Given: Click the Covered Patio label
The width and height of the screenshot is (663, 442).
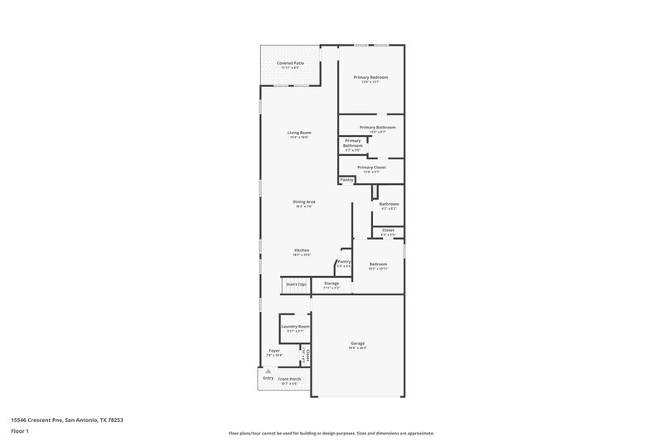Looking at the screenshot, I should coord(290,62).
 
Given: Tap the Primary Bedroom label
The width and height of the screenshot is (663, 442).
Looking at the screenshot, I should coord(370,77).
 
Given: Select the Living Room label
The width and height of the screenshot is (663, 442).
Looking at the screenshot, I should coord(299,133).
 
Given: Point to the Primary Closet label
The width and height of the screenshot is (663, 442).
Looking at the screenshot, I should coord(371,168).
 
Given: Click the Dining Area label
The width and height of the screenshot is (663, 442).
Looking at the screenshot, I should coord(304,202).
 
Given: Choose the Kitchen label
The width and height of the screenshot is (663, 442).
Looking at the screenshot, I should coord(302,250).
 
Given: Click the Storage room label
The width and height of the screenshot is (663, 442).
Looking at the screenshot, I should coord(331,284).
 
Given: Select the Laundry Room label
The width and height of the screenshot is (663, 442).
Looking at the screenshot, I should coord(294,327).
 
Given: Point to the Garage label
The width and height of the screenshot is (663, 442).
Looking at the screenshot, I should coord(357,343).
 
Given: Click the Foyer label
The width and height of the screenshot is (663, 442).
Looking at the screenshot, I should coord(273,351).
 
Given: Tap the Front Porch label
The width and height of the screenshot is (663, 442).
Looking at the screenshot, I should coord(289,379).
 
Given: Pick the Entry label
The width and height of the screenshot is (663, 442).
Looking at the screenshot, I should coord(268,378).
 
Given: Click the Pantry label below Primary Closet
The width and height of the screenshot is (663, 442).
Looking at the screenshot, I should coord(347,179).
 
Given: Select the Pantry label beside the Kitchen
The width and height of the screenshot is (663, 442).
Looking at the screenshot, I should coord(344,261).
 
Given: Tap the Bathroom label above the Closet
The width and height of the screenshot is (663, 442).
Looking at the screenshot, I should coord(389,204).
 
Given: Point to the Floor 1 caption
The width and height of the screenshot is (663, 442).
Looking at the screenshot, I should coord(19,432).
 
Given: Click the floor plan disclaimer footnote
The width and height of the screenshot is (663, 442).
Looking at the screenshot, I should coord(331,433).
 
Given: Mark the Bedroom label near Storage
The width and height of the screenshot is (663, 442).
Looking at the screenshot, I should coord(378,264).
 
